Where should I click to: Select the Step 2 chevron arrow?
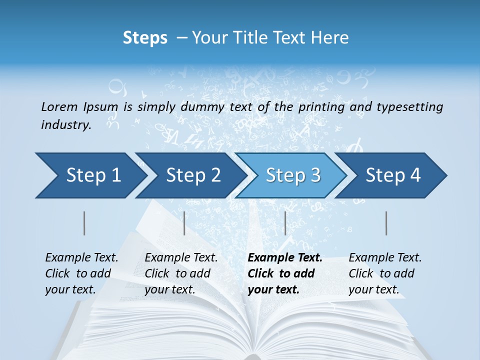pos(193,175)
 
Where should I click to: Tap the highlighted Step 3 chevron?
pos(293,175)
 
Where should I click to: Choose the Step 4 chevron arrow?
pos(393,175)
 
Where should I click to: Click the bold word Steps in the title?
pos(145,38)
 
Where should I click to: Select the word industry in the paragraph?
pos(66,125)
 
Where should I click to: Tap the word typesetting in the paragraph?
pos(409,106)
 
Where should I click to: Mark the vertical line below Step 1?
pos(84,223)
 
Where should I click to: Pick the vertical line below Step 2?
pos(184,223)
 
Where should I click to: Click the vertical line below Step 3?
pos(285,223)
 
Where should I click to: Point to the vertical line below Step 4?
pos(386,223)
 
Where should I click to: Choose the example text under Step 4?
pos(385,273)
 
